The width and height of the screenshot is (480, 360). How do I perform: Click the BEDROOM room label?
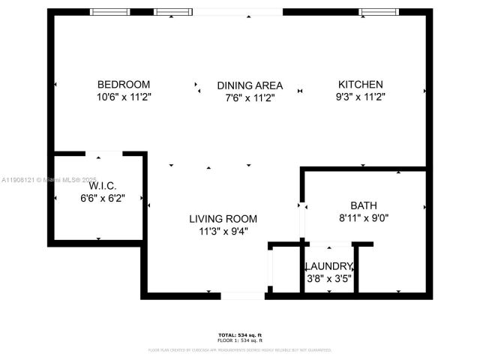pyautogui.click(x=123, y=85)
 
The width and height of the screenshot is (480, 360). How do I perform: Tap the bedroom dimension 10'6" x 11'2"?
pyautogui.click(x=123, y=97)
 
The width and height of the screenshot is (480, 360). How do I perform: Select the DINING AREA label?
pyautogui.click(x=250, y=85)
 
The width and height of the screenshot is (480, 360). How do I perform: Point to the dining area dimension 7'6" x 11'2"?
pyautogui.click(x=250, y=97)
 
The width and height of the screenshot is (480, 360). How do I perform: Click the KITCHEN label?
pyautogui.click(x=360, y=85)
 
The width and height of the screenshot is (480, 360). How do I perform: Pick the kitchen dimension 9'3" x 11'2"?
pyautogui.click(x=360, y=97)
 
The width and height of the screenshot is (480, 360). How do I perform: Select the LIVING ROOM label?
pyautogui.click(x=223, y=219)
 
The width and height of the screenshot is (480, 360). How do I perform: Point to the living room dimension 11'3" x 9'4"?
pyautogui.click(x=223, y=231)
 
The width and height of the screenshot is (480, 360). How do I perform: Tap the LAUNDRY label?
pyautogui.click(x=328, y=266)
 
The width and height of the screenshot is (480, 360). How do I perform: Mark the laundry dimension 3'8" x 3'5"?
pyautogui.click(x=328, y=278)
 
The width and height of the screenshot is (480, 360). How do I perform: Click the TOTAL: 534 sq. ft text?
pyautogui.click(x=240, y=334)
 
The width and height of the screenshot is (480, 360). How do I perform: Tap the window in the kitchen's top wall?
pyautogui.click(x=373, y=11)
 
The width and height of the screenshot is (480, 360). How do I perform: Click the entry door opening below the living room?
pyautogui.click(x=242, y=295)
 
